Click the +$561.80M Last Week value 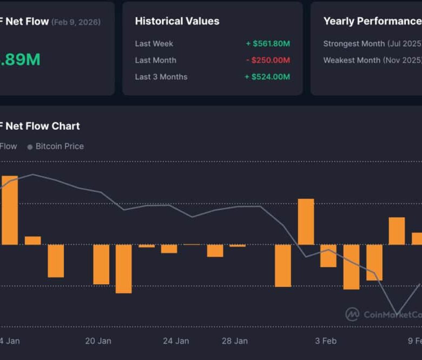tap(268, 44)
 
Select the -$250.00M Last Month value tap(268, 61)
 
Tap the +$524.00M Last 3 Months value tap(267, 77)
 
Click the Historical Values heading tap(177, 22)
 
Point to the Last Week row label tap(154, 44)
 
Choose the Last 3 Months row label tap(161, 77)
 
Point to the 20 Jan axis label tap(98, 341)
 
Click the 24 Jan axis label tap(176, 341)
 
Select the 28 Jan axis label tap(234, 341)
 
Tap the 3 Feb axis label tap(326, 341)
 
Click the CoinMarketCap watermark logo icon tap(352, 314)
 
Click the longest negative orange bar tap(123, 269)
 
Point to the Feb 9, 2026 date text tap(76, 22)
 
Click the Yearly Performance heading tap(372, 22)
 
